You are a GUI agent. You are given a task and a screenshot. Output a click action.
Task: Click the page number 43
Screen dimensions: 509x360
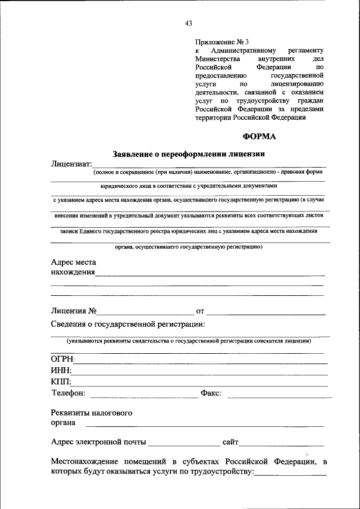tap(188, 24)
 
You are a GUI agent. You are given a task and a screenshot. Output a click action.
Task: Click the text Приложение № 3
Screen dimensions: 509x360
tap(222, 42)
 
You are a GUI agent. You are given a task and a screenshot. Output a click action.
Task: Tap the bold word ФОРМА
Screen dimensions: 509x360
tap(259, 136)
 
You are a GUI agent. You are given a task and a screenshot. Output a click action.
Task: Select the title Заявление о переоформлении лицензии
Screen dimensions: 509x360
tap(188, 154)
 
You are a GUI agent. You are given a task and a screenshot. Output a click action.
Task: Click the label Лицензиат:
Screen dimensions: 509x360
tap(71, 164)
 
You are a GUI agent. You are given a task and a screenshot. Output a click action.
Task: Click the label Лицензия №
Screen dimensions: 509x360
tap(74, 310)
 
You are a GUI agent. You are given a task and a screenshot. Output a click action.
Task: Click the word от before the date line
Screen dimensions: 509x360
tap(200, 311)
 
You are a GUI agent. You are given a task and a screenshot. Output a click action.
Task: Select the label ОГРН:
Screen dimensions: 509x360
tap(63, 359)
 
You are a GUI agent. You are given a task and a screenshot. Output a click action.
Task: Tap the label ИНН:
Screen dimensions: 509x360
tap(61, 371)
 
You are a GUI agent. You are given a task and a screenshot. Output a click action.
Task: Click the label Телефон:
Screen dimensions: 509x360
tap(69, 393)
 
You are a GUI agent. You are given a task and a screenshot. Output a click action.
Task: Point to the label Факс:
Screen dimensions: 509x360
tap(211, 393)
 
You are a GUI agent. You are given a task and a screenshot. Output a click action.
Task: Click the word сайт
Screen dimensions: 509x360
tap(231, 443)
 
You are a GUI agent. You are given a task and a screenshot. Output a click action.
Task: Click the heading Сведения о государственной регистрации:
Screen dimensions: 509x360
tap(128, 325)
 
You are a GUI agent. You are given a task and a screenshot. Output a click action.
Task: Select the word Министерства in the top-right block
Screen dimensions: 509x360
tap(218, 58)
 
